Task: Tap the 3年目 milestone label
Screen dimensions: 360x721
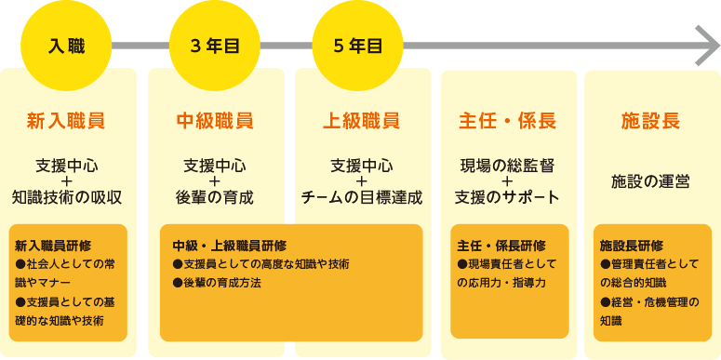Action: (214, 45)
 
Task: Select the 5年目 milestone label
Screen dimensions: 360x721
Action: (358, 45)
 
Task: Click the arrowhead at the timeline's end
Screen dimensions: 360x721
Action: (701, 45)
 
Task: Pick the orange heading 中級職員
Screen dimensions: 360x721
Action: (214, 121)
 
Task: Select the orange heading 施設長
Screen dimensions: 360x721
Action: (649, 121)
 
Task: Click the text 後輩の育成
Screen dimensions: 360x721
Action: (214, 197)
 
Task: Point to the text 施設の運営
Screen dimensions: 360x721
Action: (649, 181)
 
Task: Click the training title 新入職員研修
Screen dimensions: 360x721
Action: (53, 246)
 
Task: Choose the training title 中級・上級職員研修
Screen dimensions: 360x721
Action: (229, 246)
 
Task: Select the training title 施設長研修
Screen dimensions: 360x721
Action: (632, 246)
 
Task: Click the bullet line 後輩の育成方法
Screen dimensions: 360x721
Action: (222, 282)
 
